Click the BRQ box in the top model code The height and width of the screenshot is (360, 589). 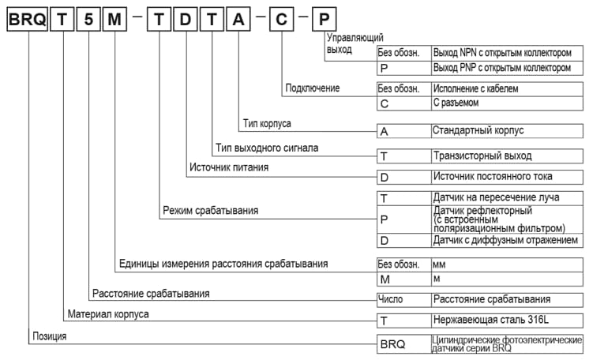point(27,20)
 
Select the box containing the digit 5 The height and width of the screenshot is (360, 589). point(89,20)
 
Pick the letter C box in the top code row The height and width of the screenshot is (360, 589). point(282,20)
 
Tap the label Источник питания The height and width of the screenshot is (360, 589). point(228,167)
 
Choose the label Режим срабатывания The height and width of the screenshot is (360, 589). point(210,211)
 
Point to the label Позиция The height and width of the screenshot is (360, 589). point(49,336)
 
